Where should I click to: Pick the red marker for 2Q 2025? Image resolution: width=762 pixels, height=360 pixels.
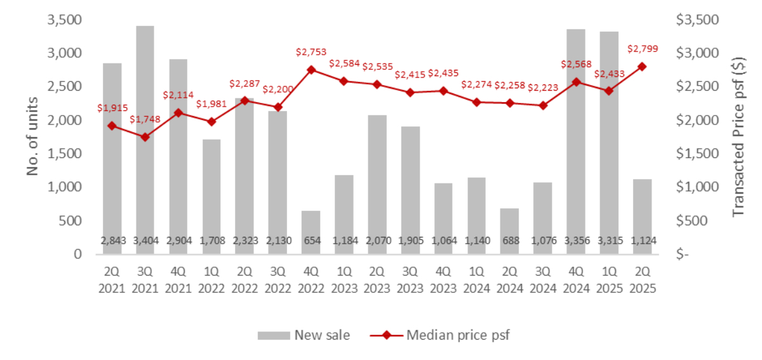642,67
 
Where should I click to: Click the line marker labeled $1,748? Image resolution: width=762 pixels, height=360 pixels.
145,137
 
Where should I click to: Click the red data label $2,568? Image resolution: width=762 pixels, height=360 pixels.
576,64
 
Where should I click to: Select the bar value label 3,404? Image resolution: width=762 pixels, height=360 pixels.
145,241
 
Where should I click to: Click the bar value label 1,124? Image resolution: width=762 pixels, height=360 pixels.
642,241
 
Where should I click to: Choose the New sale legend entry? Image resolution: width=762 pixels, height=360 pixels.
304,335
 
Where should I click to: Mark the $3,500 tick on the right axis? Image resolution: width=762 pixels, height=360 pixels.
698,20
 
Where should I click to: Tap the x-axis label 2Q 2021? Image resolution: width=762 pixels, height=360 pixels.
112,279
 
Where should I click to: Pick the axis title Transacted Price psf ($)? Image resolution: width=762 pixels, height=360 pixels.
738,136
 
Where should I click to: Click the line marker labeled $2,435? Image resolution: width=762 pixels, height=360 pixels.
443,91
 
